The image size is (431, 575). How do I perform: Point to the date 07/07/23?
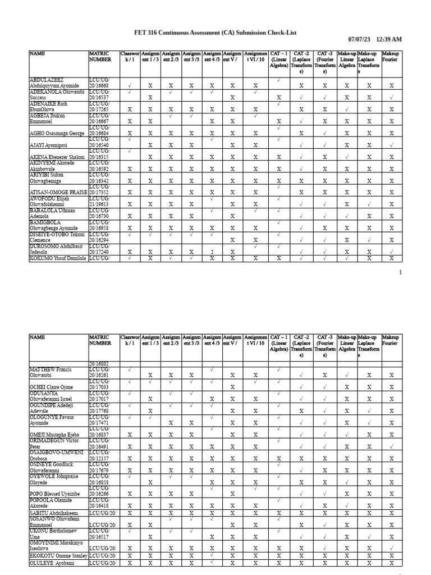tap(360, 39)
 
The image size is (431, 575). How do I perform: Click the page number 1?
tap(400, 272)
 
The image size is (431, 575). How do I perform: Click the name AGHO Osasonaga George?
tap(57, 134)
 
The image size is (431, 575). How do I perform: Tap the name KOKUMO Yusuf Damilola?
tap(58, 258)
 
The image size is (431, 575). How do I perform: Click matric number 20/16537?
tap(100, 98)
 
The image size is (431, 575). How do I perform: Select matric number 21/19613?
tap(100, 204)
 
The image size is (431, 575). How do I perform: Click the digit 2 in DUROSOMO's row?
tap(213, 252)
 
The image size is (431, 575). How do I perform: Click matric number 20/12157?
tap(100, 458)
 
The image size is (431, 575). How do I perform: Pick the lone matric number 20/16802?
tap(100, 364)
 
